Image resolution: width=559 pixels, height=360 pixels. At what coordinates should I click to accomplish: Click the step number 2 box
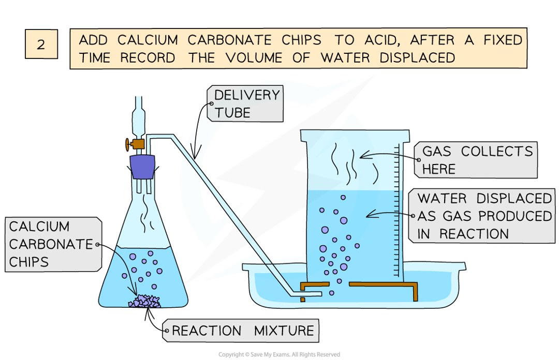(41, 43)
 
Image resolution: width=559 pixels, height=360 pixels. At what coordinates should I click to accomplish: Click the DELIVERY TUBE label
(246, 103)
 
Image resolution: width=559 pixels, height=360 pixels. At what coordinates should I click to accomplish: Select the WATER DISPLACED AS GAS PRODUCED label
(484, 215)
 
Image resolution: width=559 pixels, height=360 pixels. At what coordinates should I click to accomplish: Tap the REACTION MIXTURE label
(243, 330)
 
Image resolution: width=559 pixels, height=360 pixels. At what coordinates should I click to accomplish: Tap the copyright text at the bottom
(279, 354)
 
